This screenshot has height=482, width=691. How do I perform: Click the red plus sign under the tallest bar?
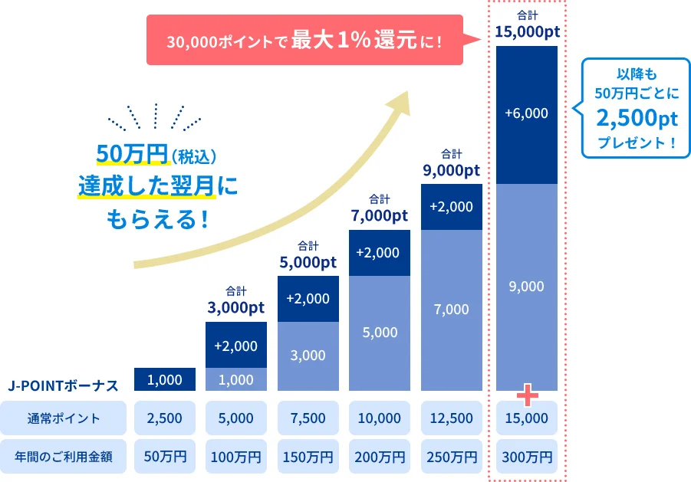(528, 395)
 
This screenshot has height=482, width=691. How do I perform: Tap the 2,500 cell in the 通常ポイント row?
(164, 418)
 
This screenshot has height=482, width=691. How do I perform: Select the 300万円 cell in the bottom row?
(527, 457)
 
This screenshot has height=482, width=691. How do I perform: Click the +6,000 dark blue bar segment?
(527, 113)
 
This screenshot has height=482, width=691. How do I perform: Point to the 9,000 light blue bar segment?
(527, 287)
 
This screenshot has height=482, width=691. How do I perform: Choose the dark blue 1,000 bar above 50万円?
(164, 379)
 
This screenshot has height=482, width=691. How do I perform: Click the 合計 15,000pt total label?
(527, 25)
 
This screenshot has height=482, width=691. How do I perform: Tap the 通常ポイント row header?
(64, 418)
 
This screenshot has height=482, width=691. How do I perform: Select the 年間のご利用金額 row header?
(64, 457)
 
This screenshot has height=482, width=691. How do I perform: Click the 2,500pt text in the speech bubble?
(637, 119)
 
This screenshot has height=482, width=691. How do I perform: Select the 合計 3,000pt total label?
(235, 301)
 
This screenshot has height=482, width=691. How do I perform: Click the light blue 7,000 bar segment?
(451, 310)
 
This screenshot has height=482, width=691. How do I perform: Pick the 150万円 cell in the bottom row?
(308, 457)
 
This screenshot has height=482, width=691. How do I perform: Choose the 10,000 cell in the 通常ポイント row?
(379, 418)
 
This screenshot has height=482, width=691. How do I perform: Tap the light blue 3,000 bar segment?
(308, 356)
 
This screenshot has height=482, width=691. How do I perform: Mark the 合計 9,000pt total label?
(451, 163)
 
